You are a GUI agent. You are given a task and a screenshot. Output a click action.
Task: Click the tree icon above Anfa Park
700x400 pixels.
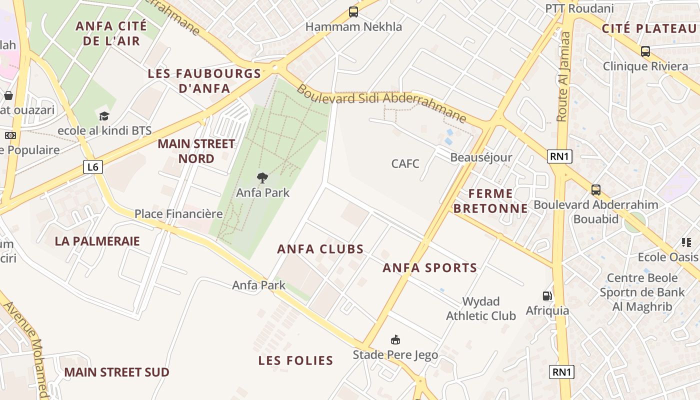click(x=262, y=177)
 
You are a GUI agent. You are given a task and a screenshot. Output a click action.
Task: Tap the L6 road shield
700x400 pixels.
click(x=93, y=167)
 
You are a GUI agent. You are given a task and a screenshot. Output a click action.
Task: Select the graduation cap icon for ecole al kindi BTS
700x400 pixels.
click(x=104, y=116)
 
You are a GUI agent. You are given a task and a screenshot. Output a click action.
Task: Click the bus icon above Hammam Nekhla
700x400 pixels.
click(x=353, y=12)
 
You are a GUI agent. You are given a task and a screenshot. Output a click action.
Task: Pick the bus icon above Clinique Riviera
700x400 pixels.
click(x=645, y=51)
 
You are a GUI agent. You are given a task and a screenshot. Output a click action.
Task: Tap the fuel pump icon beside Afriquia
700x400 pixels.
click(x=547, y=296)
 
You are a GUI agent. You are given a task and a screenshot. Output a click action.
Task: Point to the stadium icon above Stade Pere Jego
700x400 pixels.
click(x=395, y=340)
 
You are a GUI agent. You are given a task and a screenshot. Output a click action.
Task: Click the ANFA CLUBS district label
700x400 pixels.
click(x=320, y=249)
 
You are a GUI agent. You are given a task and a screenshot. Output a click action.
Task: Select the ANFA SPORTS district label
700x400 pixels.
click(x=430, y=268)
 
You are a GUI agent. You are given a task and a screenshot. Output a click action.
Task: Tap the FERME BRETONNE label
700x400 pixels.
click(x=491, y=200)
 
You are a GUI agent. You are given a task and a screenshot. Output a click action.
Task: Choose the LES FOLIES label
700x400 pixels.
click(x=295, y=360)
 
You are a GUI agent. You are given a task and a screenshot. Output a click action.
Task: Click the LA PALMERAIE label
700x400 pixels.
click(x=97, y=241)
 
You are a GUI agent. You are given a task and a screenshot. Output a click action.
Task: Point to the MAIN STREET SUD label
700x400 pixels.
click(x=116, y=372)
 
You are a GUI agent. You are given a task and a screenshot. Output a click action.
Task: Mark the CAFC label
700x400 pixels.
click(x=405, y=163)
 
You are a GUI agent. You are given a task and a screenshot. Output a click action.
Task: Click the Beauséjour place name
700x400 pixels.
click(x=481, y=157)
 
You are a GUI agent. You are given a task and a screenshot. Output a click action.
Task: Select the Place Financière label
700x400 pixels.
click(x=178, y=214)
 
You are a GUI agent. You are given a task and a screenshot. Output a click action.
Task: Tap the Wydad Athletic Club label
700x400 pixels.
click(x=480, y=308)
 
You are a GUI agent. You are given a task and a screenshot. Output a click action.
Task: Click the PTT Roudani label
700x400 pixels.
click(x=579, y=8)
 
